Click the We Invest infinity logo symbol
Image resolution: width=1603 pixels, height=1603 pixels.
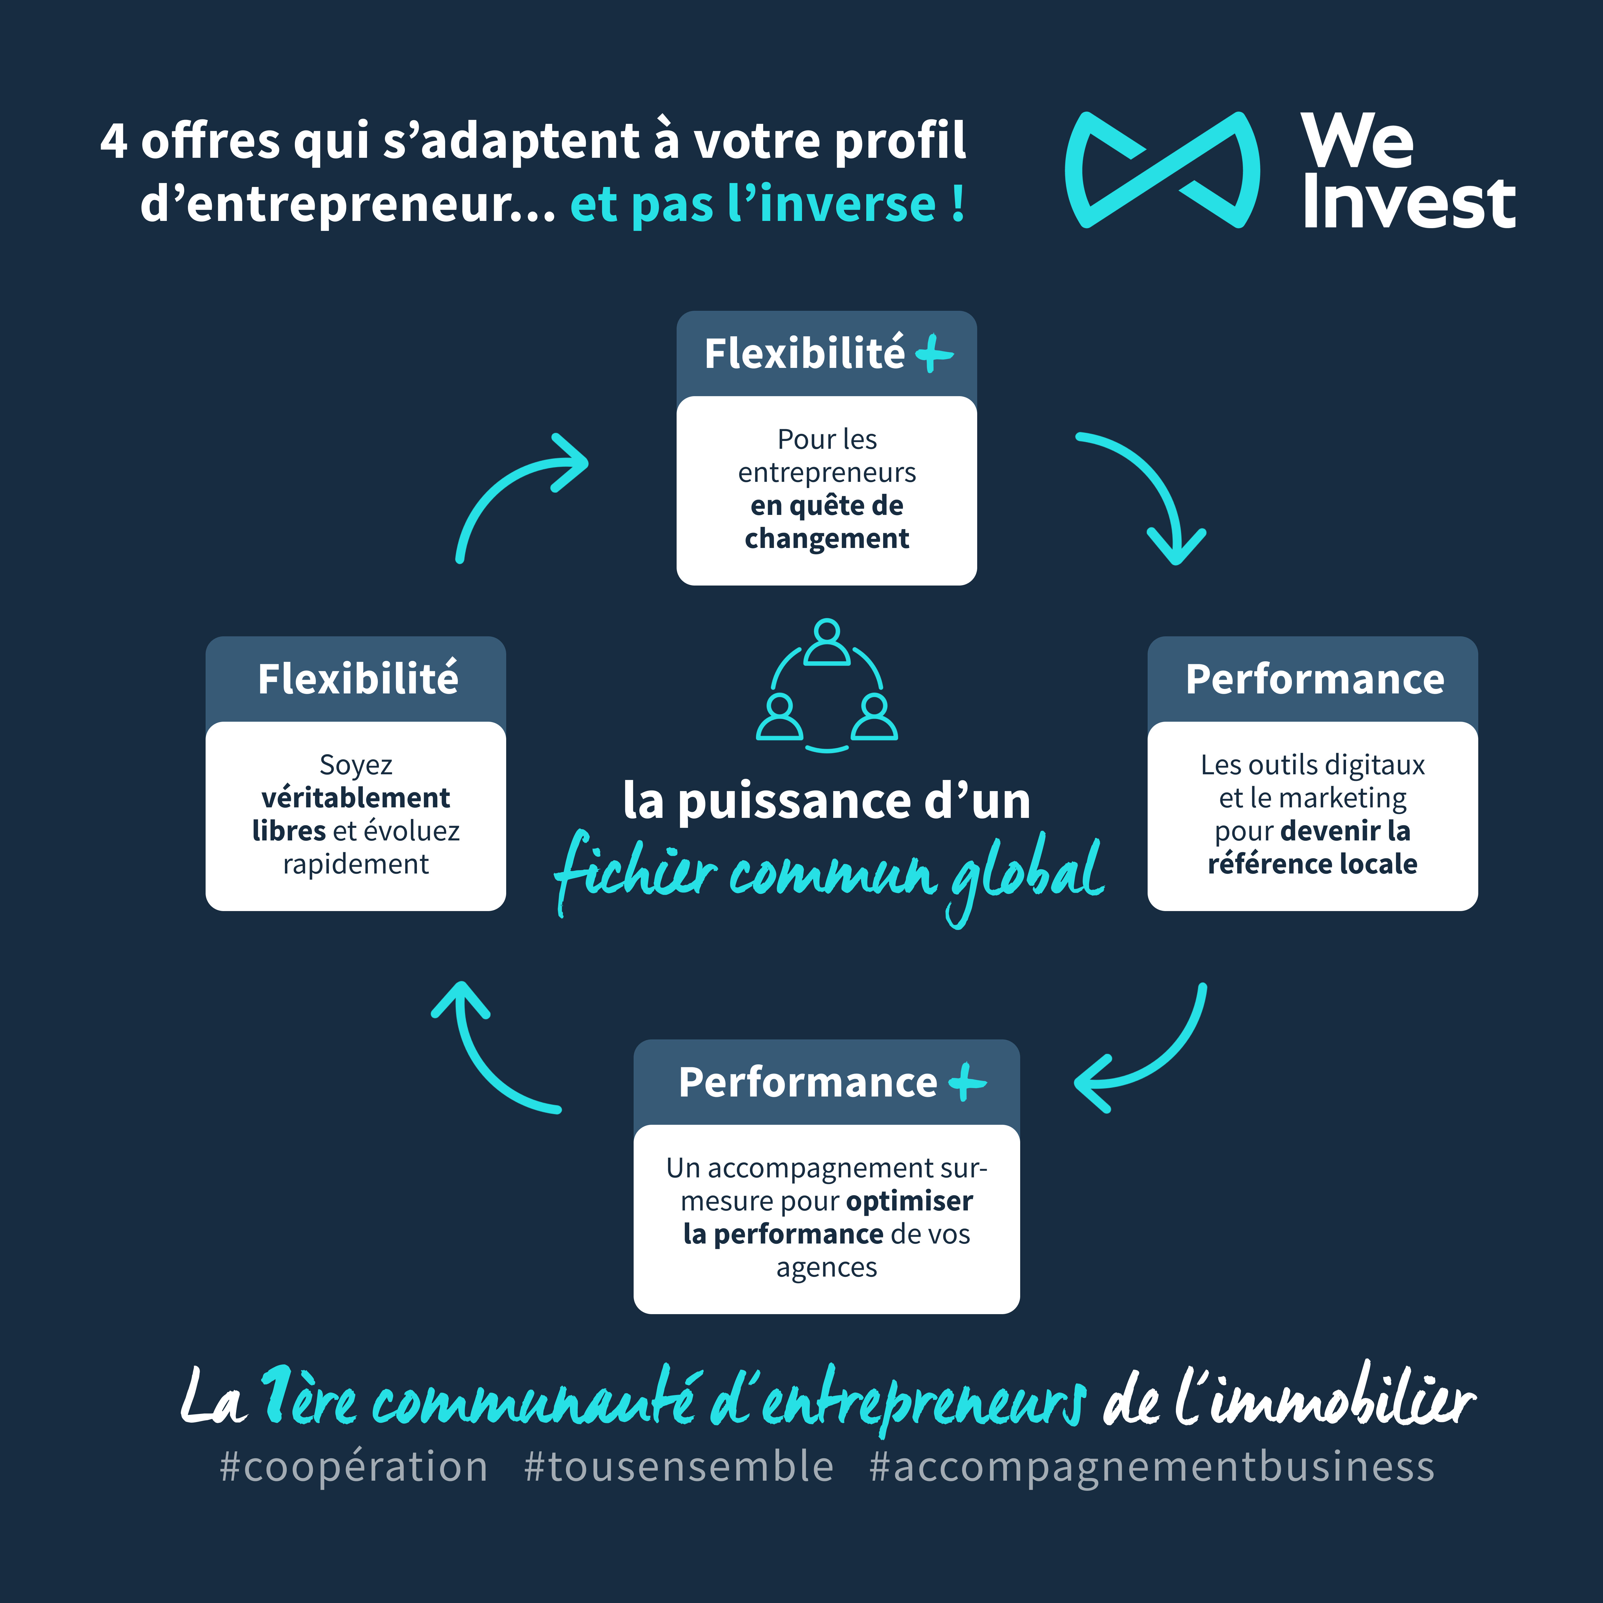pyautogui.click(x=1161, y=170)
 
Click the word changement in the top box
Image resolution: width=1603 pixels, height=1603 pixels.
pyautogui.click(x=826, y=538)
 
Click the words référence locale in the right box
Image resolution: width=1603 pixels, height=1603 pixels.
pyautogui.click(x=1312, y=864)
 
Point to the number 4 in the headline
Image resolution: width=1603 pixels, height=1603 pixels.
pyautogui.click(x=114, y=141)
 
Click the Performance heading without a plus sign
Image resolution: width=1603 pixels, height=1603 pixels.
pyautogui.click(x=1314, y=679)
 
